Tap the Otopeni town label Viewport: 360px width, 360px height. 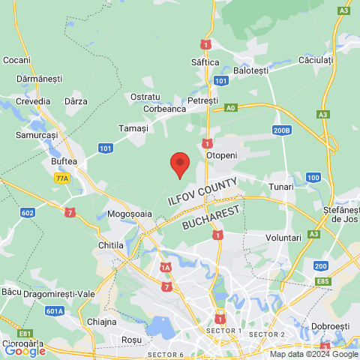[223, 156]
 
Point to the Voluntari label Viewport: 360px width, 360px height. [283, 237]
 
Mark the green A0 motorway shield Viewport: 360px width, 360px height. [231, 108]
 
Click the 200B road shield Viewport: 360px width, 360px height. [281, 130]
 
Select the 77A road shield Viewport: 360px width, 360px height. [61, 178]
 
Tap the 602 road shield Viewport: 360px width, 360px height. [28, 213]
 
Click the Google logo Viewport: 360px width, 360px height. [25, 350]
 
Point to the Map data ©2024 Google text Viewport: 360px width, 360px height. [313, 355]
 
